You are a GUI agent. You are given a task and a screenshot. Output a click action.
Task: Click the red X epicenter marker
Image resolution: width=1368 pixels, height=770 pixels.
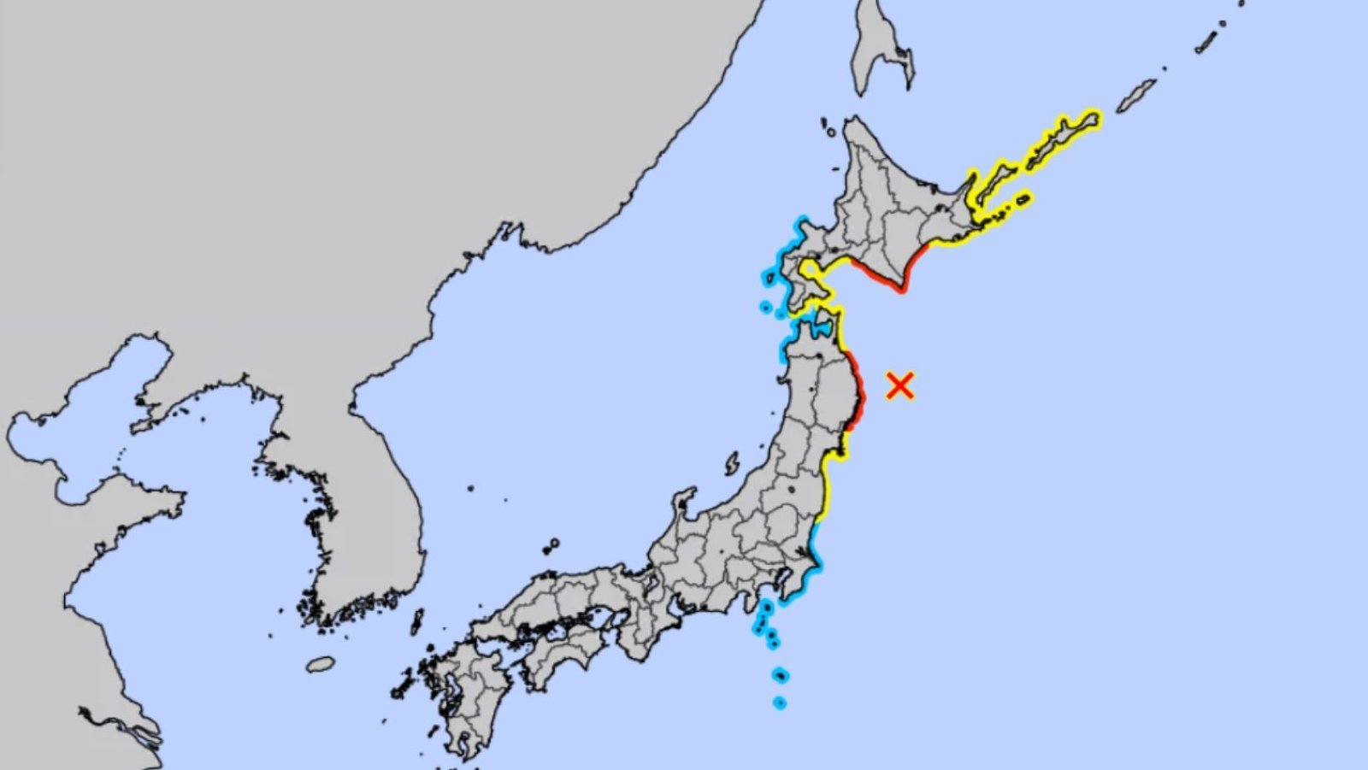pos(899,385)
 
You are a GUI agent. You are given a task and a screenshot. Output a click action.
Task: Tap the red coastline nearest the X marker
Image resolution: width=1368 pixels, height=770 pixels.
pos(858,392)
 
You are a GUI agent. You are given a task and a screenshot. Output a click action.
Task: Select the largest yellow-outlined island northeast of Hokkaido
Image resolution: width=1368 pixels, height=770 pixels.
pos(1064,138)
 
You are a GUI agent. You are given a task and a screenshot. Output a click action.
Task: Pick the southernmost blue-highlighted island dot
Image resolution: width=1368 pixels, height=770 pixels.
pos(779,702)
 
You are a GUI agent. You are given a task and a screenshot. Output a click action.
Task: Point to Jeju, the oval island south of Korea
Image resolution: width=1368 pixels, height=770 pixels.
pos(321,664)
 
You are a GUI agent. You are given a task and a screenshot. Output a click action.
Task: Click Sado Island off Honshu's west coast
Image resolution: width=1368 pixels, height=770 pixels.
pos(732,464)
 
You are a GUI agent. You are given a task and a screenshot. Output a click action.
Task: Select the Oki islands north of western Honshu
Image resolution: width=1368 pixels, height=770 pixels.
pos(551,544)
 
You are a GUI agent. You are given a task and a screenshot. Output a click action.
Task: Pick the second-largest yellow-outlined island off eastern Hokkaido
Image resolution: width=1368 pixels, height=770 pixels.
pos(996,183)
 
